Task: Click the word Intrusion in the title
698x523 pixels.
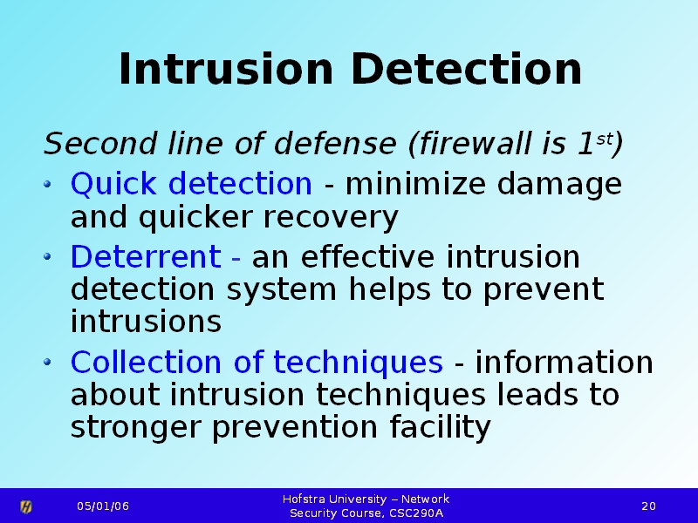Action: [226, 69]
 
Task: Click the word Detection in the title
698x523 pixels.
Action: [466, 69]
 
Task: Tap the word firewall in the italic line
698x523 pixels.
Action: [475, 143]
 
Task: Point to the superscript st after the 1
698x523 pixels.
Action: [604, 139]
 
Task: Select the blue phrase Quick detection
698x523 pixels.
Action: [191, 183]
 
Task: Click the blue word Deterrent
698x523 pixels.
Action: [146, 256]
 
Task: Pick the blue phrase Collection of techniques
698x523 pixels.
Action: [257, 362]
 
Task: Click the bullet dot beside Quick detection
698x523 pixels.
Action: [48, 183]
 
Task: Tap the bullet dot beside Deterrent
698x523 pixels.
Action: [48, 256]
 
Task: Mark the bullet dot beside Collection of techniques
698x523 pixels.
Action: [48, 362]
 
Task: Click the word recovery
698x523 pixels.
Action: [331, 218]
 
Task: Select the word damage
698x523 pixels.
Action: [559, 184]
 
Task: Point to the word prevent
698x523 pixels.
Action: [544, 290]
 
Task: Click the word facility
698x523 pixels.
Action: [441, 427]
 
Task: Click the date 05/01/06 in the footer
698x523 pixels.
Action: [103, 506]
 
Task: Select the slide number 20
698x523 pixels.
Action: [648, 506]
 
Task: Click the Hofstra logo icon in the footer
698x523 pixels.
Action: [26, 506]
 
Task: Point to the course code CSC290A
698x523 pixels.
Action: [416, 513]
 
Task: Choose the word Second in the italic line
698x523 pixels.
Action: [100, 143]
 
